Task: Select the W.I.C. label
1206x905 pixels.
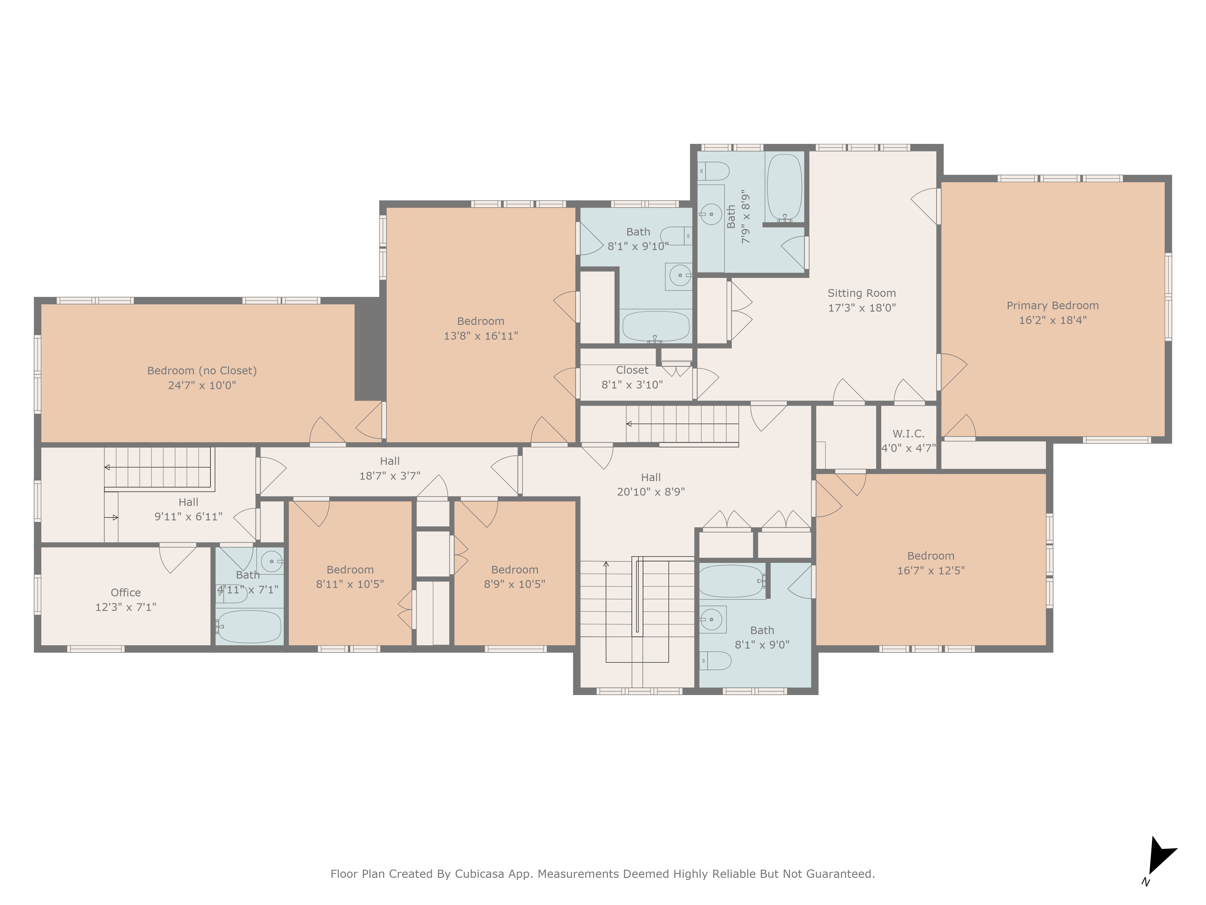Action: pyautogui.click(x=908, y=434)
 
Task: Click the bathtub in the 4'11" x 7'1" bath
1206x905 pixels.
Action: pyautogui.click(x=249, y=626)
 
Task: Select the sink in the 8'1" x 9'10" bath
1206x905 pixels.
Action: pyautogui.click(x=679, y=275)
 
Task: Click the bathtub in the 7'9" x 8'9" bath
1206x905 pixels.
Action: pyautogui.click(x=785, y=187)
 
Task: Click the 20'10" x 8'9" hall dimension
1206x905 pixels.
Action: pyautogui.click(x=651, y=491)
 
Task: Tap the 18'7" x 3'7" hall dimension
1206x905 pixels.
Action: pyautogui.click(x=390, y=476)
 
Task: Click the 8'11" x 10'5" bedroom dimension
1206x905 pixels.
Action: pyautogui.click(x=350, y=584)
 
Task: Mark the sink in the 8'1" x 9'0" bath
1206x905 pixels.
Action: pyautogui.click(x=712, y=619)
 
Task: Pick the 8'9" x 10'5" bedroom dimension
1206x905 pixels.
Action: pyautogui.click(x=515, y=584)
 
